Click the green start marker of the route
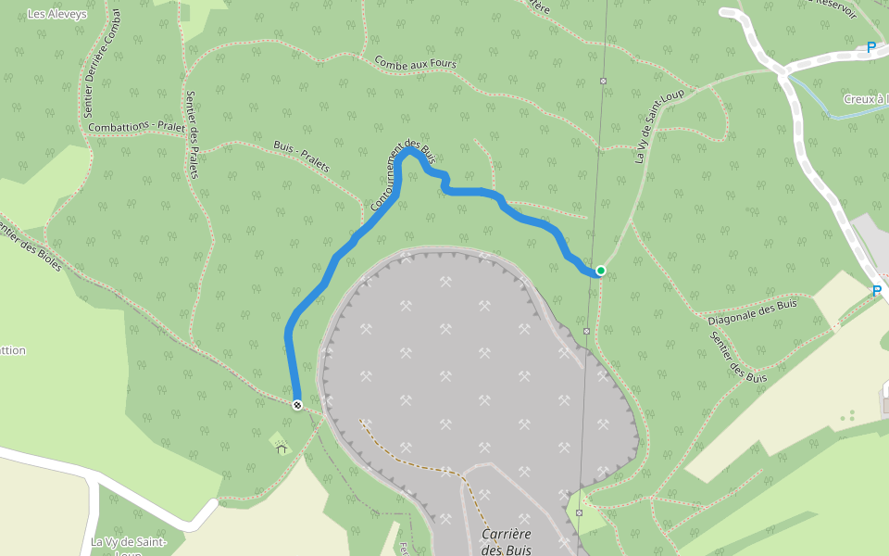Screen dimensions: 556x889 point(601,271)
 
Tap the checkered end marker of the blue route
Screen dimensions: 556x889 point(297,405)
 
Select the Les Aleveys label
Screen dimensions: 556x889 point(57,14)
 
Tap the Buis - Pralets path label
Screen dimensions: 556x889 point(302,158)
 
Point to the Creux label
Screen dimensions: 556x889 point(865,99)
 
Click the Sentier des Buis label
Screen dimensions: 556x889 point(726,357)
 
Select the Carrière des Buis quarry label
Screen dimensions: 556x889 point(506,542)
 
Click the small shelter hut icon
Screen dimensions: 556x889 point(281,449)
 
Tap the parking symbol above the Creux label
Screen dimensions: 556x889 point(870,47)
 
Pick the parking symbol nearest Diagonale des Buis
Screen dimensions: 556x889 point(876,291)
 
